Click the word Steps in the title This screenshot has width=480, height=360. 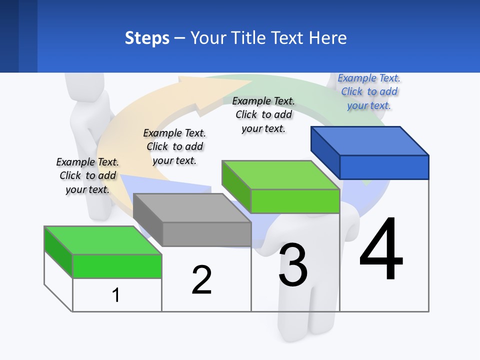click(147, 38)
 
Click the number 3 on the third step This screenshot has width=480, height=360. click(293, 264)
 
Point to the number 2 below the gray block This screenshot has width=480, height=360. click(201, 280)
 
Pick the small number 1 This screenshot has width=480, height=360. click(116, 295)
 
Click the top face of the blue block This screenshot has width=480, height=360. click(369, 140)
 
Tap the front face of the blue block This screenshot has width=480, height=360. click(384, 167)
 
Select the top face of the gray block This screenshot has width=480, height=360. click(191, 207)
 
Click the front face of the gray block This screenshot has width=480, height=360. click(206, 234)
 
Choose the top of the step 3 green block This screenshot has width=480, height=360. click(280, 175)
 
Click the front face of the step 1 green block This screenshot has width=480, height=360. click(117, 266)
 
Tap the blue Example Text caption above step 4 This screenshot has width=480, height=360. click(369, 91)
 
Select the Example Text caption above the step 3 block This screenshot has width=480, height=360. click(263, 114)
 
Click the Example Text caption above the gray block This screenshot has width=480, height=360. click(174, 146)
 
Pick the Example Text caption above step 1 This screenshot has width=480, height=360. click(87, 175)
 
